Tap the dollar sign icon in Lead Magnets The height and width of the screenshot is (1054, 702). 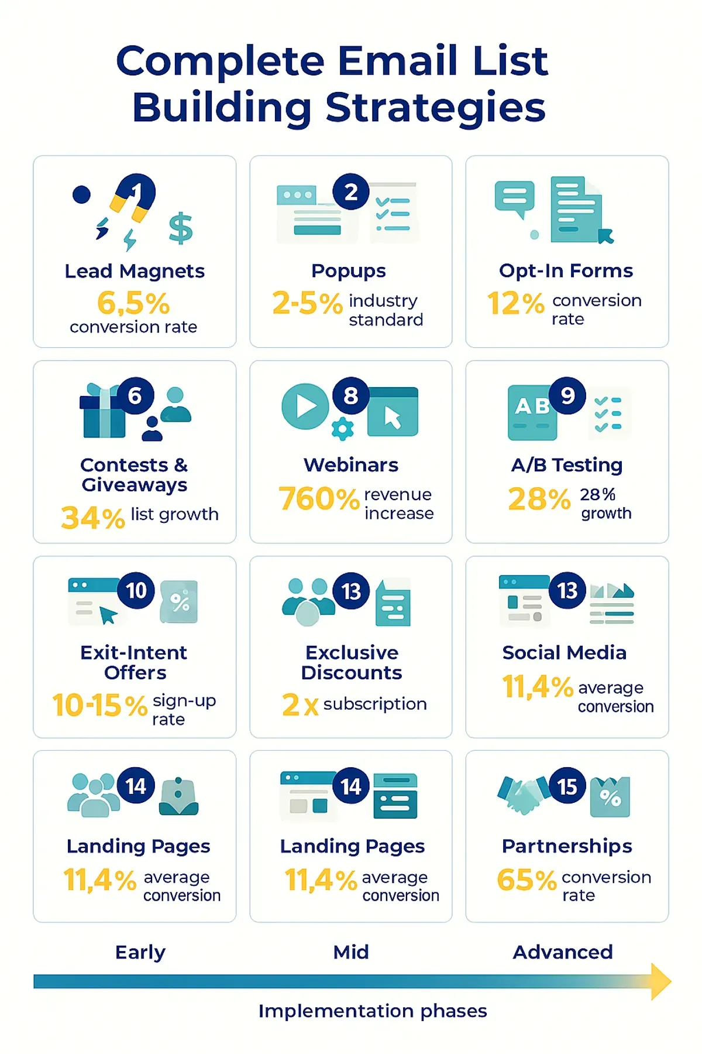click(x=180, y=228)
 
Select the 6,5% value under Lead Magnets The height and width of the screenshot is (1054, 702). click(x=133, y=303)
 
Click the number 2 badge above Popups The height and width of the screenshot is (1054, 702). click(x=351, y=192)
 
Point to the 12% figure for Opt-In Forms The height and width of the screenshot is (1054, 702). click(x=515, y=304)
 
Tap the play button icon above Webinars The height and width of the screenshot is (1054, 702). click(x=305, y=406)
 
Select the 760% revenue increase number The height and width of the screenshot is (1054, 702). click(x=319, y=499)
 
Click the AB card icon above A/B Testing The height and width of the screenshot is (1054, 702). click(x=532, y=412)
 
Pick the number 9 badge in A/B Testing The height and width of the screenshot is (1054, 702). click(x=567, y=396)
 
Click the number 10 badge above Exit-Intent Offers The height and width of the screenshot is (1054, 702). click(x=136, y=590)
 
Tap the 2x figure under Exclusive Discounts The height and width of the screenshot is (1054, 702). click(x=300, y=704)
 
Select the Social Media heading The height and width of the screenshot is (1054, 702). click(x=565, y=653)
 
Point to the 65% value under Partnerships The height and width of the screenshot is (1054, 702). click(x=526, y=880)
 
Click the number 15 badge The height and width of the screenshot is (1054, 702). click(x=567, y=786)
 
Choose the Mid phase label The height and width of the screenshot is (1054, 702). click(x=351, y=952)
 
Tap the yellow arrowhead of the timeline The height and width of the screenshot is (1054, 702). click(x=660, y=981)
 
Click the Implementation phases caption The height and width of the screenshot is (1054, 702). click(x=373, y=1011)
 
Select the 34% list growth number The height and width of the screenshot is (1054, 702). click(x=93, y=518)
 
